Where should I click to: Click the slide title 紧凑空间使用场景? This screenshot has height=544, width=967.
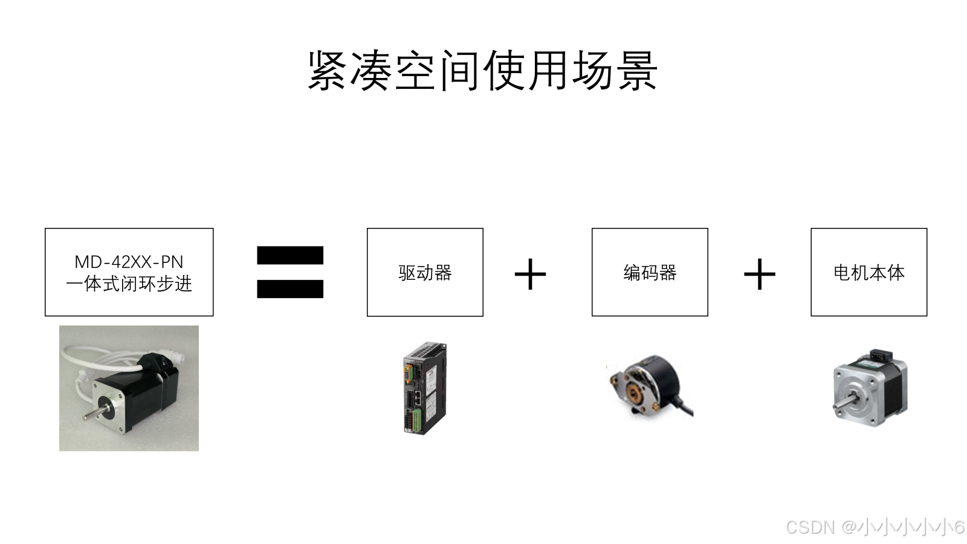(482, 71)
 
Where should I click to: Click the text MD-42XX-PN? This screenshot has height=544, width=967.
(129, 262)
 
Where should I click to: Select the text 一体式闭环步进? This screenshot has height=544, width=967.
(129, 283)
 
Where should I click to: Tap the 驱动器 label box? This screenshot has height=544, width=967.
(425, 273)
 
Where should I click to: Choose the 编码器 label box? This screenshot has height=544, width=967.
(650, 273)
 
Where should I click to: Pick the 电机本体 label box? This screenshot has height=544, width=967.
(868, 273)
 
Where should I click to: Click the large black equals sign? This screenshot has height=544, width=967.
(290, 272)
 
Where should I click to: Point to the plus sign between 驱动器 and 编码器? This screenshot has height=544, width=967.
(530, 274)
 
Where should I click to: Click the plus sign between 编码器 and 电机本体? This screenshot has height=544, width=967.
(759, 274)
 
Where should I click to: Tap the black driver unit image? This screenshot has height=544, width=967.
(424, 387)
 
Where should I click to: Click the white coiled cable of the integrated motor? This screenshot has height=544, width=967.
(91, 360)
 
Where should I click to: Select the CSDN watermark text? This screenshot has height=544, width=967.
(874, 527)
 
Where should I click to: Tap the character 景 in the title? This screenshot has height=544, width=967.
(637, 71)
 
